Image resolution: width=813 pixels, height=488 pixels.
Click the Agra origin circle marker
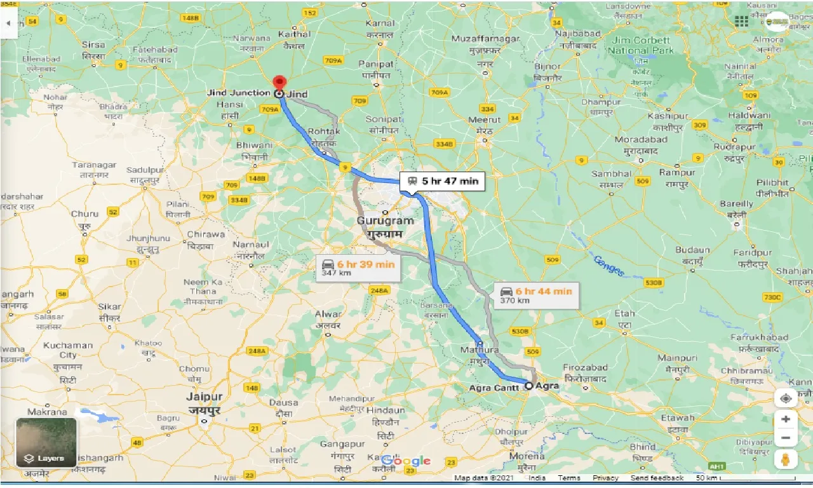pyautogui.click(x=528, y=385)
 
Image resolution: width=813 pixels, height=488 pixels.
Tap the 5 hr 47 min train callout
pyautogui.click(x=442, y=182)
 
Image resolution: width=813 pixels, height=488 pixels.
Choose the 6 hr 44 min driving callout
pyautogui.click(x=537, y=295)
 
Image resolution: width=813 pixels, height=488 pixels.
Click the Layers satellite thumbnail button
pyautogui.click(x=46, y=442)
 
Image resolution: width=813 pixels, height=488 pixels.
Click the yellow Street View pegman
pyautogui.click(x=786, y=460)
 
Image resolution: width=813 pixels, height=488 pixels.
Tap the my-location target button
pyautogui.click(x=786, y=398)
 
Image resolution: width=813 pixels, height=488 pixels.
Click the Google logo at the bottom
pyautogui.click(x=406, y=461)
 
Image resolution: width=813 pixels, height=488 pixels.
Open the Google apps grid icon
pyautogui.click(x=741, y=22)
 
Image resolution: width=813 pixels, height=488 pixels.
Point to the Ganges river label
pyautogui.click(x=608, y=266)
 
